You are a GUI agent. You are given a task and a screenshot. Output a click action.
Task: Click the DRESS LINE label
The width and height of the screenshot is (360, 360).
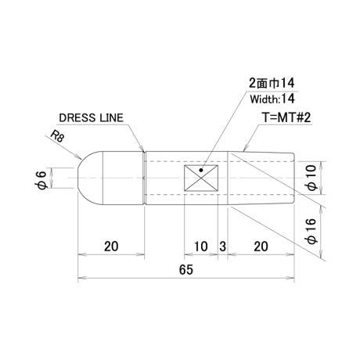pos(91,118)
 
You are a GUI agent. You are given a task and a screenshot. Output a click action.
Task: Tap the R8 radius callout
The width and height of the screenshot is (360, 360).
pos(57,136)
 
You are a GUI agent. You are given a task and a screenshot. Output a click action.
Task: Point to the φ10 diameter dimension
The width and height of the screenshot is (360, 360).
pos(311,178)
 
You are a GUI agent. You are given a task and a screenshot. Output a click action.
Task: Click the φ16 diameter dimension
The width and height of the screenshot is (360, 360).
pos(311,232)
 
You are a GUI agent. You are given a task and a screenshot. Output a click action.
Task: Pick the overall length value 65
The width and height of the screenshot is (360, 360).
pos(186,269)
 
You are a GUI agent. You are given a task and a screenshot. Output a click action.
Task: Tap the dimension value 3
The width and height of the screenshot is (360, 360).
pos(222,247)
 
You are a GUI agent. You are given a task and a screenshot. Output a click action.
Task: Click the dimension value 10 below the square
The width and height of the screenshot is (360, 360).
pos(201,247)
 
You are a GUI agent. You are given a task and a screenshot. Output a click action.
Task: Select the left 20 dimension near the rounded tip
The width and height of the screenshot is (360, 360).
pos(111,247)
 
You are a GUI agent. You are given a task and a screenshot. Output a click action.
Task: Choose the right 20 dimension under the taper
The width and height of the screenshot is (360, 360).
pos(261,247)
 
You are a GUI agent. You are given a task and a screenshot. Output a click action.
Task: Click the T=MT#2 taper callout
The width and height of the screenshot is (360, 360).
pos(286,117)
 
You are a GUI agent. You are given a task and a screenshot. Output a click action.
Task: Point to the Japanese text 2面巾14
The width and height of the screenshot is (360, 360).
pos(272,83)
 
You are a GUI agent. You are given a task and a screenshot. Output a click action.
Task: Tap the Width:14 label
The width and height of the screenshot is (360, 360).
pos(272,99)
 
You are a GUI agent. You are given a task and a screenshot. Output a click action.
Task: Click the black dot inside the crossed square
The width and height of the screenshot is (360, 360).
pos(201,171)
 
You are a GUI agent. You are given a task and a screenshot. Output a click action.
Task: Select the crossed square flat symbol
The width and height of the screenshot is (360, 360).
pos(201,178)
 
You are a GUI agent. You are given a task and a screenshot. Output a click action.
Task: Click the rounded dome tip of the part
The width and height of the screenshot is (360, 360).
pos(90,178)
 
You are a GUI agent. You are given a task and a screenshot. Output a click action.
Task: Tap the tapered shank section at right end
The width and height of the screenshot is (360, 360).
pos(261,178)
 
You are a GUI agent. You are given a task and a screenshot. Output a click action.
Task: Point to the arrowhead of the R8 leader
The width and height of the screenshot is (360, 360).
pos(80,157)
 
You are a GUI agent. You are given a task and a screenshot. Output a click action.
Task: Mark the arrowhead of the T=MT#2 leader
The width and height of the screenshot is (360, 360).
pos(245,148)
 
